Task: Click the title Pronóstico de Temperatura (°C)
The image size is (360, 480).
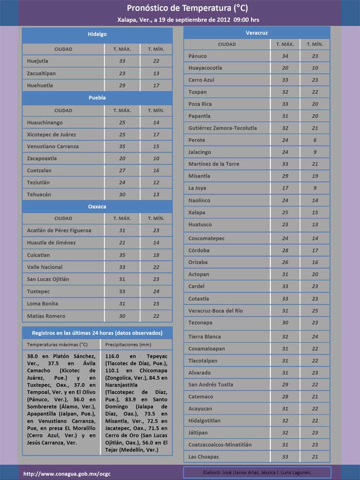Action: click(x=179, y=8)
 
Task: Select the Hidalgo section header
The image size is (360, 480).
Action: click(x=97, y=34)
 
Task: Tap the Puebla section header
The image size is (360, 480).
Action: click(x=97, y=97)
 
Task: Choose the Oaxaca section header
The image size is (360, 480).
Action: click(x=97, y=206)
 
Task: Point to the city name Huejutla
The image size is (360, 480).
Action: click(x=39, y=61)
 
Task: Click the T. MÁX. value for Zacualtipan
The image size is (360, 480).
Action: click(x=122, y=73)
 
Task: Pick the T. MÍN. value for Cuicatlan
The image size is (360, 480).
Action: click(x=156, y=255)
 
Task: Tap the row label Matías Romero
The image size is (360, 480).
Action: click(x=46, y=316)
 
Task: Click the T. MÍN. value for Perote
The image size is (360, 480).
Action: click(x=315, y=140)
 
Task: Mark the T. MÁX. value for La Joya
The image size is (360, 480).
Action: click(x=285, y=188)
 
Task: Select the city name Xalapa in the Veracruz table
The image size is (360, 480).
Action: click(x=196, y=212)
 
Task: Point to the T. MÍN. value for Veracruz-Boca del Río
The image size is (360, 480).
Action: click(x=315, y=311)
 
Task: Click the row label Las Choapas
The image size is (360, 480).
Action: click(x=203, y=457)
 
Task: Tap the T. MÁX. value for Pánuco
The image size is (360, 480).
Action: click(x=285, y=56)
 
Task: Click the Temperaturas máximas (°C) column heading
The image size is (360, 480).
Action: click(x=57, y=345)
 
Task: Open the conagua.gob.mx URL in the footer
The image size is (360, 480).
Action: click(x=60, y=473)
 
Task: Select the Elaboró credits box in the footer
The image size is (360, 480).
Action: click(x=257, y=472)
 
